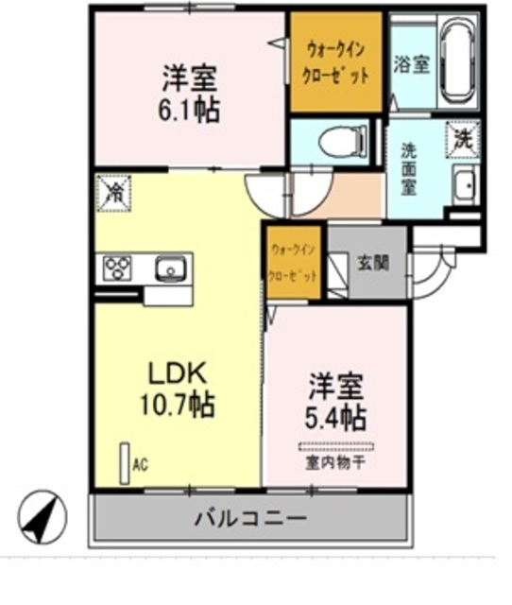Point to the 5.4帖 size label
coord(337,415)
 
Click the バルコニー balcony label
coord(250,518)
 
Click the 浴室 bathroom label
coord(411,64)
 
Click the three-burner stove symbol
coord(118,268)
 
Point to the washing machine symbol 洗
coord(463,138)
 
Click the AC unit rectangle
coord(123,464)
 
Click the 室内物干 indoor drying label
coord(335,461)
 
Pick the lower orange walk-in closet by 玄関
coord(294,263)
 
